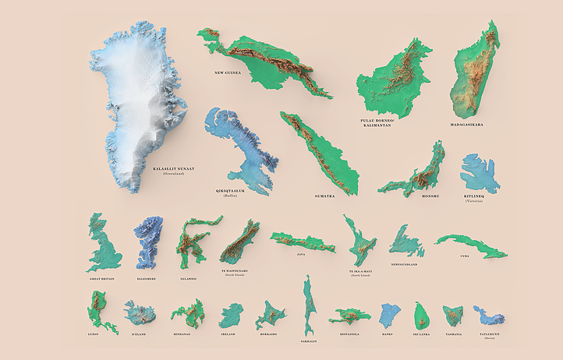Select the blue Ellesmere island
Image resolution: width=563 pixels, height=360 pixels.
pyautogui.click(x=149, y=243)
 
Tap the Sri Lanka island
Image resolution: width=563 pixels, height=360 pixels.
pyautogui.click(x=422, y=316)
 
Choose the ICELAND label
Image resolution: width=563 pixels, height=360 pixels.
pyautogui.click(x=139, y=334)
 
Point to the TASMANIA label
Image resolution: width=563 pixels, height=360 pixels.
pyautogui.click(x=453, y=334)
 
